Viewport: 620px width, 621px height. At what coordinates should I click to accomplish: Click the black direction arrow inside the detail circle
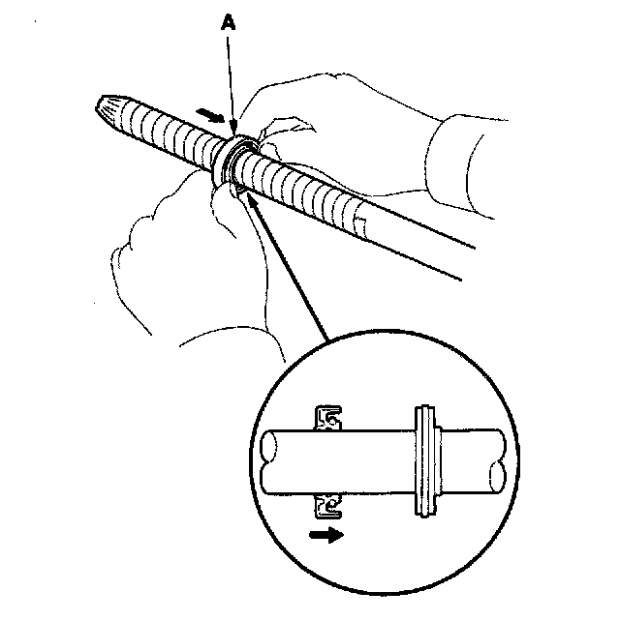[x=327, y=535]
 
